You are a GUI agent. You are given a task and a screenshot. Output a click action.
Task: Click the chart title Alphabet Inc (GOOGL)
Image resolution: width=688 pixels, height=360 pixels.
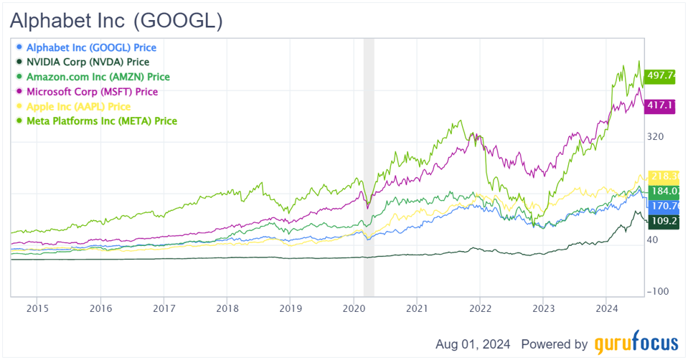tap(116, 21)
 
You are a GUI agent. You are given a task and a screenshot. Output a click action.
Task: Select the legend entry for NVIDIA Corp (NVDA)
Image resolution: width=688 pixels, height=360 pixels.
tap(87, 62)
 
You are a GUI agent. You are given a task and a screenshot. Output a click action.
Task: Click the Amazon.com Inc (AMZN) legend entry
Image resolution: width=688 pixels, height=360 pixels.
tap(98, 77)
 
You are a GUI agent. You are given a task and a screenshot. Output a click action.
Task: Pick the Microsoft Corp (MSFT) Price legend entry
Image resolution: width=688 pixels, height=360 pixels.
tap(92, 92)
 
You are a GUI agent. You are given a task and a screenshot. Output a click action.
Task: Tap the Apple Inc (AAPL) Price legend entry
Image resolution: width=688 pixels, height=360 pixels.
tap(84, 106)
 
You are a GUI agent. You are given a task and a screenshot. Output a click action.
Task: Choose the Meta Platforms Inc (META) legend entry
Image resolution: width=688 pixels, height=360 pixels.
tap(101, 121)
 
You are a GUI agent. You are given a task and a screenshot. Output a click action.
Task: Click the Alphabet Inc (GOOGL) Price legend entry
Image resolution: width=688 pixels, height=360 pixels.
tap(90, 47)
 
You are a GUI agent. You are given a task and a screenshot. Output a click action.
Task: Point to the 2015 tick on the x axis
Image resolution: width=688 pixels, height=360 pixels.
tap(37, 308)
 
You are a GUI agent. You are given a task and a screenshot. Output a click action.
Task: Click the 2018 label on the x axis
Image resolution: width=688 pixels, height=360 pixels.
tap(227, 308)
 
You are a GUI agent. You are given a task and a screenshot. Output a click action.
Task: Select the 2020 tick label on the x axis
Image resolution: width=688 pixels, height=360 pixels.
tap(353, 308)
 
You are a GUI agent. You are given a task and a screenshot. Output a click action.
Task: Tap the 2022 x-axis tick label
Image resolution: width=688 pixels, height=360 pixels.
tap(479, 308)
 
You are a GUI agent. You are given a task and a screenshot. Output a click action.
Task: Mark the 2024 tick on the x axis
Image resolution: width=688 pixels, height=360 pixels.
tap(606, 308)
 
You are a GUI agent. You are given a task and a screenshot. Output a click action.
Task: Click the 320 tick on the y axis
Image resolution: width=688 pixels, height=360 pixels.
tap(656, 136)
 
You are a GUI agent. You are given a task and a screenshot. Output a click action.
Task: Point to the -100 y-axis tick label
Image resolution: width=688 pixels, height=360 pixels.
tap(659, 291)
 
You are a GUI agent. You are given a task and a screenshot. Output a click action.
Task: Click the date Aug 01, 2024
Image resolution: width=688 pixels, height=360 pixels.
tap(473, 344)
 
